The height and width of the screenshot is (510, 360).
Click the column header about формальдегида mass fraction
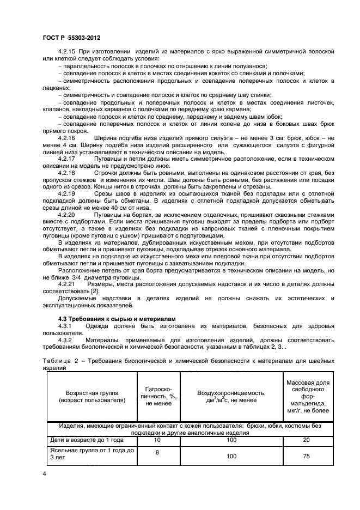point(307,397)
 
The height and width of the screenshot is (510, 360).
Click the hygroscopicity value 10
point(158,439)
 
